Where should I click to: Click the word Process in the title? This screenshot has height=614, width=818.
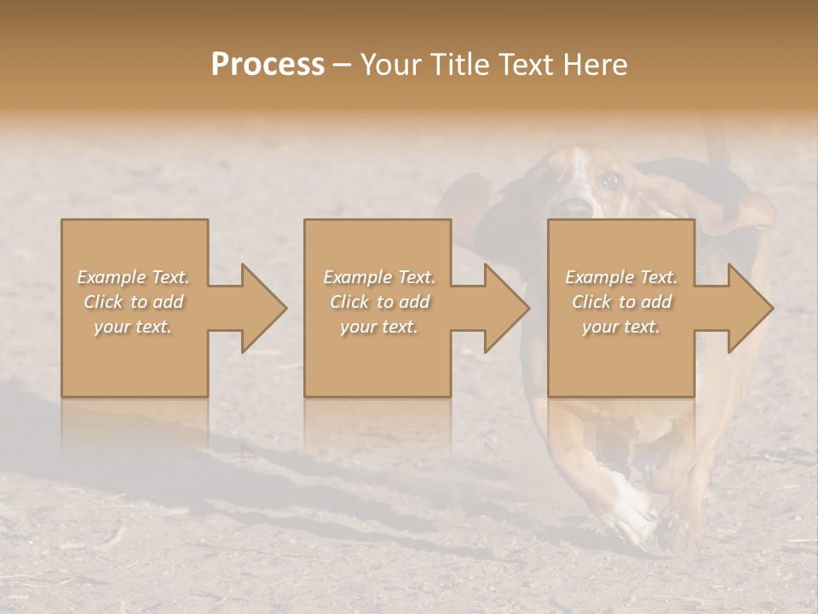click(x=268, y=65)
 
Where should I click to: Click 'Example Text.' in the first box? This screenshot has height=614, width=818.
click(x=134, y=277)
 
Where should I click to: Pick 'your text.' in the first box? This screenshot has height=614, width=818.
click(x=134, y=327)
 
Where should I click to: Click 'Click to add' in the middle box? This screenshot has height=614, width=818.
click(x=379, y=302)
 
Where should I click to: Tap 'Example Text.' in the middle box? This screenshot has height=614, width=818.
click(x=379, y=277)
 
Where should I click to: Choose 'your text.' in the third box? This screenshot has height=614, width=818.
click(x=621, y=327)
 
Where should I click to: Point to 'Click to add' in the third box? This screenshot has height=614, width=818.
click(x=621, y=302)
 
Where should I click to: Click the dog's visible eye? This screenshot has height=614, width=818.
click(x=608, y=180)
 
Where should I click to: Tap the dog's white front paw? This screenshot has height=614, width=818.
click(x=631, y=513)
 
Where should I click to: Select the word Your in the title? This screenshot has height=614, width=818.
click(x=388, y=65)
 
